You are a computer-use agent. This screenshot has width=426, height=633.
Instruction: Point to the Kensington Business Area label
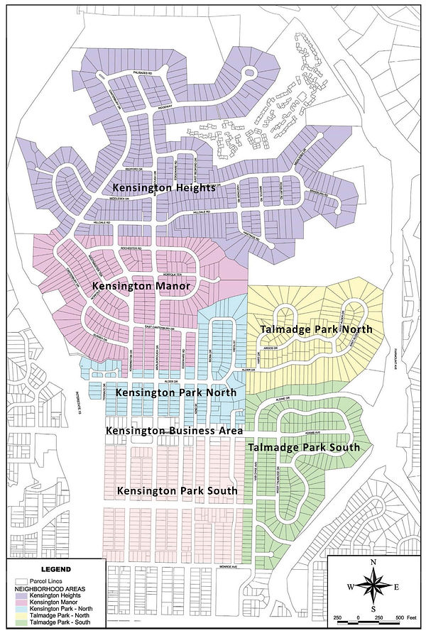click(175, 431)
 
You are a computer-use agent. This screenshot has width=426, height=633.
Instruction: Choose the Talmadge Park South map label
click(303, 448)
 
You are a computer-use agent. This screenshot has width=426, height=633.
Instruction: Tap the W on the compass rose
click(349, 587)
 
